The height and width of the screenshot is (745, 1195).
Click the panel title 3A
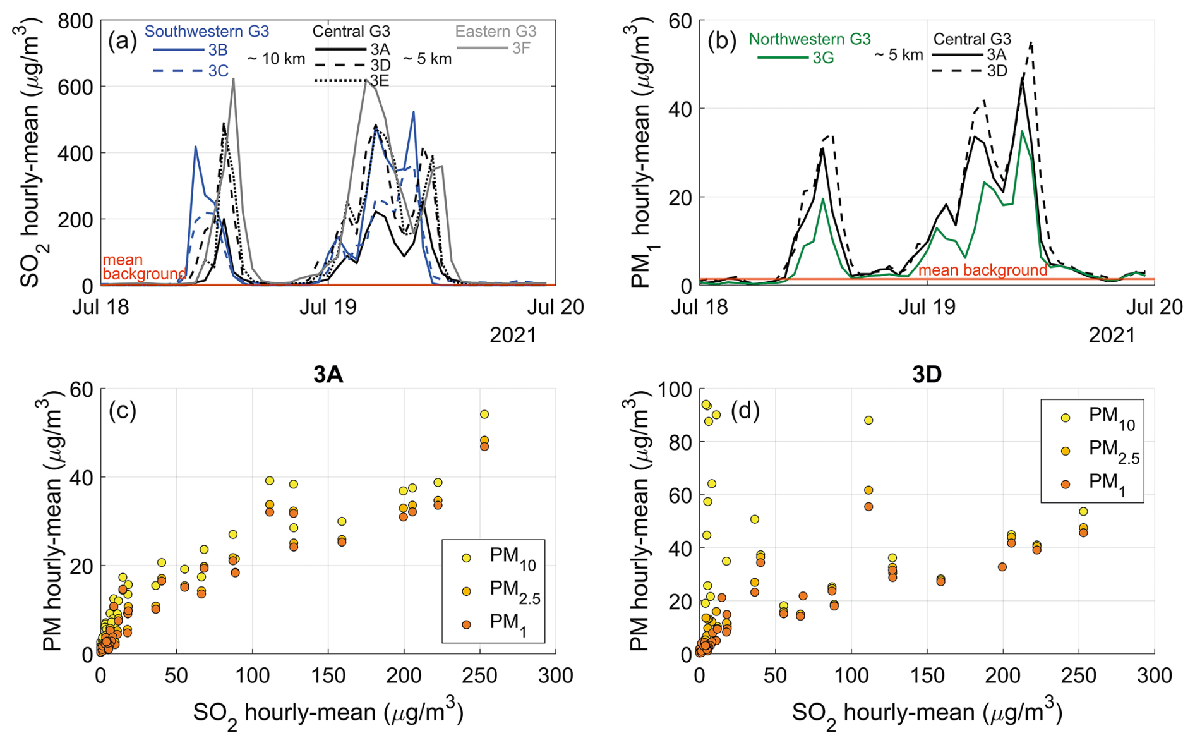point(328,375)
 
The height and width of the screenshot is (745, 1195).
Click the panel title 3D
point(927,375)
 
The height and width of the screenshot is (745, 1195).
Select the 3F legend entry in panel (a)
point(520,48)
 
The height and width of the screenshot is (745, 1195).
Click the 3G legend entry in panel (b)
point(823,58)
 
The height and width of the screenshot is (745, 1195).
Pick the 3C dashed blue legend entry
point(218,71)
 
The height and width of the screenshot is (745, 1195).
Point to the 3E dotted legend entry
point(379,80)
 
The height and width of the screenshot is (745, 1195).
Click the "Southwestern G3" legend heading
point(207,31)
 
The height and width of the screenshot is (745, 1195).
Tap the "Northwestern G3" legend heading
point(809,39)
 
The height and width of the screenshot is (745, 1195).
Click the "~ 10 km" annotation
point(276,59)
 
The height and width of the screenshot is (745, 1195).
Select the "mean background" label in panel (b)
point(982,270)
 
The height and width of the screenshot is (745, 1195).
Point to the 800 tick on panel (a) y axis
point(75,21)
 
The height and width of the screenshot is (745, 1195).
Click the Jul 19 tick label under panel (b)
point(927,307)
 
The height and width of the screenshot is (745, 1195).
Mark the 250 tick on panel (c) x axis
point(479,675)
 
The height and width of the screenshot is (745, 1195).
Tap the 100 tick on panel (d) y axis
point(674,389)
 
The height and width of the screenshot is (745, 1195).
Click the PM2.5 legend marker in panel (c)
point(466,591)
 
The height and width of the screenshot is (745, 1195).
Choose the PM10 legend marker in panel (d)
point(1066,418)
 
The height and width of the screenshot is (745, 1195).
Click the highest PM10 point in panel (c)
point(484,415)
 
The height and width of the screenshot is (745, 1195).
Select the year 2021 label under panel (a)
point(513,335)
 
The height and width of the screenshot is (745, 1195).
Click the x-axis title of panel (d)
point(927,713)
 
